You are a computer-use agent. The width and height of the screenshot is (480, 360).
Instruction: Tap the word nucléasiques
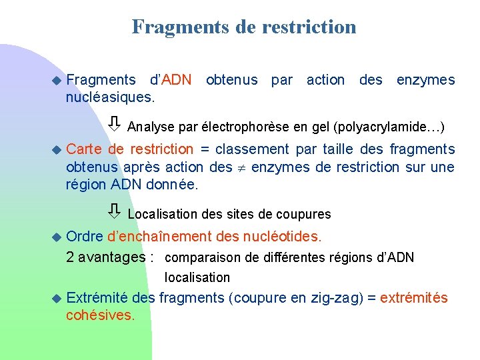[x=110, y=97]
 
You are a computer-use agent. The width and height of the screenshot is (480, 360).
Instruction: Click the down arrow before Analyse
[x=115, y=125]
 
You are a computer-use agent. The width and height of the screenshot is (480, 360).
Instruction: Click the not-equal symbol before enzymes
[x=242, y=167]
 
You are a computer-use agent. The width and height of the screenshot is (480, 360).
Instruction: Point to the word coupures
[x=305, y=215]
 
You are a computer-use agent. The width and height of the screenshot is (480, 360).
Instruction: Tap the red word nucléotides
[x=287, y=237]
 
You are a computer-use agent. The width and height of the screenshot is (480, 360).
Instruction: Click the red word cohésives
[x=100, y=315]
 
